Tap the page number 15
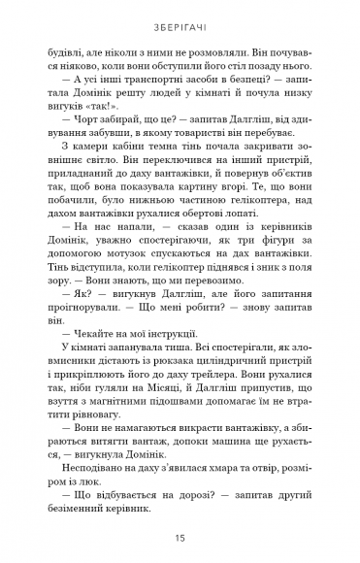(x=180, y=535)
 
